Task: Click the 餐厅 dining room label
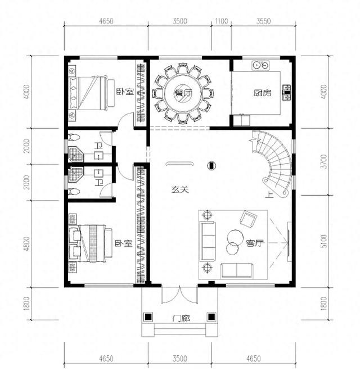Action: pyautogui.click(x=183, y=93)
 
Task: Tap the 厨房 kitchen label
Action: pyautogui.click(x=262, y=93)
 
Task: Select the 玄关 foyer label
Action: pyautogui.click(x=179, y=189)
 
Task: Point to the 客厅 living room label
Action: pyautogui.click(x=255, y=243)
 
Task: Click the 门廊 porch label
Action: pyautogui.click(x=181, y=318)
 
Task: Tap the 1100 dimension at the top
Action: pyautogui.click(x=221, y=21)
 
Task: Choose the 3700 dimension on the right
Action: pyautogui.click(x=324, y=161)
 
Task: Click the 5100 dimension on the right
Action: pyautogui.click(x=324, y=241)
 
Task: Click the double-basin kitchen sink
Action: pyautogui.click(x=260, y=65)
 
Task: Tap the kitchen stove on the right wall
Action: pyautogui.click(x=286, y=93)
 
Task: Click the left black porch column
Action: pyautogui.click(x=148, y=317)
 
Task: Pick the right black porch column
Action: pyautogui.click(x=211, y=317)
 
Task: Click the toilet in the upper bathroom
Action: pyautogui.click(x=74, y=137)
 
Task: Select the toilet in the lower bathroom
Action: pyautogui.click(x=74, y=191)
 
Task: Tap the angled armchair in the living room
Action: pyautogui.click(x=248, y=219)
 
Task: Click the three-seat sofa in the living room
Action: pyautogui.click(x=208, y=241)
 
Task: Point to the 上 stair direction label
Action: pyautogui.click(x=269, y=195)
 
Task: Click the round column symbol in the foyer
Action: pyautogui.click(x=211, y=166)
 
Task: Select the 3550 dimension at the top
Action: pyautogui.click(x=263, y=21)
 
